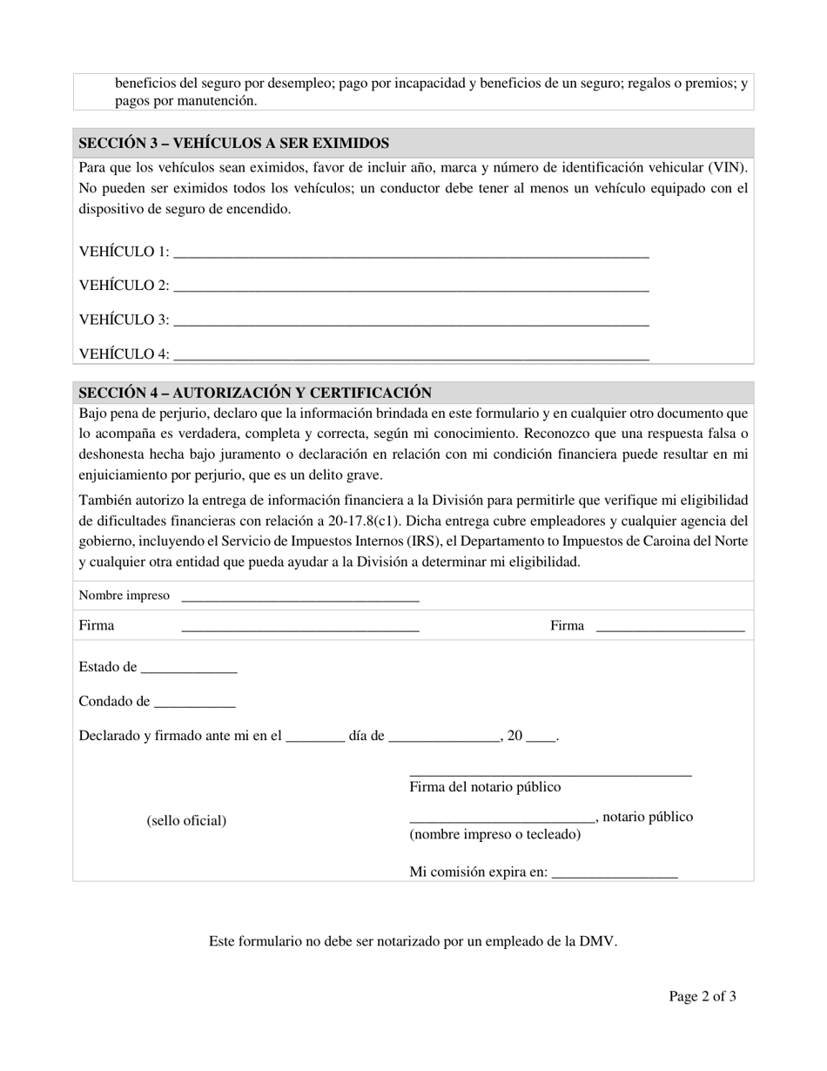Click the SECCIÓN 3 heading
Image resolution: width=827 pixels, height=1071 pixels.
click(233, 143)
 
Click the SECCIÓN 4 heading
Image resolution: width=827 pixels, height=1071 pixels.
click(255, 393)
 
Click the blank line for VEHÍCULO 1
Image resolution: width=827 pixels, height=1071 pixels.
click(411, 253)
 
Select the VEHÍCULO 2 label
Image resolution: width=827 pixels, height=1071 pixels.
click(124, 286)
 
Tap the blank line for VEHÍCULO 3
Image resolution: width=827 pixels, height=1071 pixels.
click(411, 321)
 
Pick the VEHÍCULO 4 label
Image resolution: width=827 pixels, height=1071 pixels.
click(124, 354)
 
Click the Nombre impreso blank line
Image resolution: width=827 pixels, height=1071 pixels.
click(300, 598)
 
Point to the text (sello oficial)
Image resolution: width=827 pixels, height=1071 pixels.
click(186, 820)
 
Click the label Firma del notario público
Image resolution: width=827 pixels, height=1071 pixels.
click(485, 787)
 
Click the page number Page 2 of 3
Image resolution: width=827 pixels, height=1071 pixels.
click(702, 997)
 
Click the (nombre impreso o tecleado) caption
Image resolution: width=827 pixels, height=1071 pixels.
click(494, 834)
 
